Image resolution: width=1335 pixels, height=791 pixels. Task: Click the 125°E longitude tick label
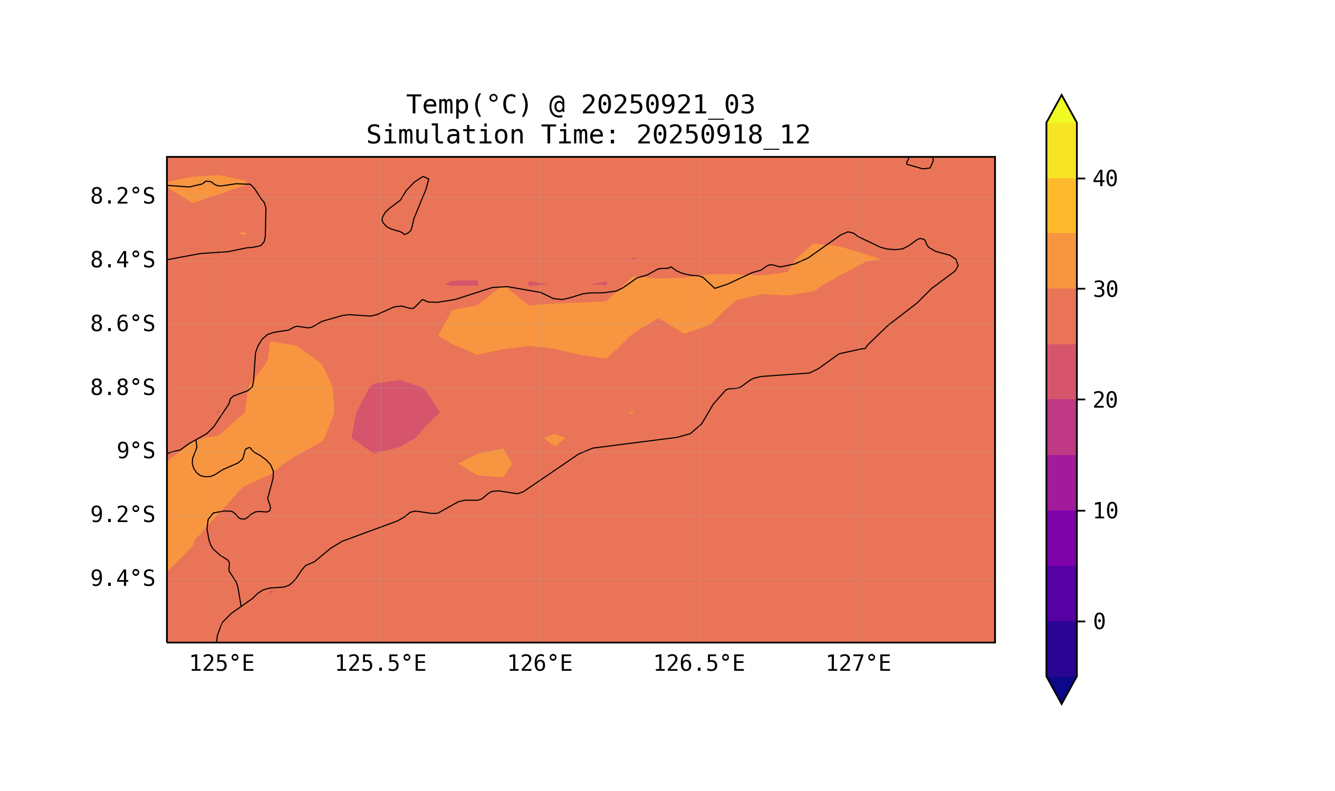pyautogui.click(x=222, y=664)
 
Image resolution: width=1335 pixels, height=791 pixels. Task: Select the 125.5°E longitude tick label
pyautogui.click(x=380, y=664)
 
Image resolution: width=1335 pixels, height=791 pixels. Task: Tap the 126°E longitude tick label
pyautogui.click(x=540, y=664)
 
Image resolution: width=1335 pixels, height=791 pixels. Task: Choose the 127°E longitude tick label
pyautogui.click(x=858, y=664)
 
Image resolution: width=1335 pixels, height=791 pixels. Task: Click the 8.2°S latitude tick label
pyautogui.click(x=122, y=197)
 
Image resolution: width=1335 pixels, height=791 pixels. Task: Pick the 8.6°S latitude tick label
pyautogui.click(x=122, y=324)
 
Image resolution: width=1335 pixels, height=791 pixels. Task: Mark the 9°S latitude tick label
pyautogui.click(x=136, y=451)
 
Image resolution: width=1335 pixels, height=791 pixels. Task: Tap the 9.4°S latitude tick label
pyautogui.click(x=122, y=578)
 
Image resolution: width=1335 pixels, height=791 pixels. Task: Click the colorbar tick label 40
pyautogui.click(x=1105, y=179)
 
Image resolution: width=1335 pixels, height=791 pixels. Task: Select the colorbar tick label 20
pyautogui.click(x=1105, y=400)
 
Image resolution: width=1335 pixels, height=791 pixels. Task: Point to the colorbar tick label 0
pyautogui.click(x=1099, y=622)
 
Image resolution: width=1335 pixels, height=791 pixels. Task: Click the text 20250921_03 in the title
pyautogui.click(x=668, y=105)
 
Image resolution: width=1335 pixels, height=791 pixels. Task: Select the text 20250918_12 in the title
pyautogui.click(x=723, y=136)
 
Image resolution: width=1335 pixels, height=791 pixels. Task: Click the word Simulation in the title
pyautogui.click(x=445, y=136)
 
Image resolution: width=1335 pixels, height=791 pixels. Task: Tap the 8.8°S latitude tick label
pyautogui.click(x=122, y=388)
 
